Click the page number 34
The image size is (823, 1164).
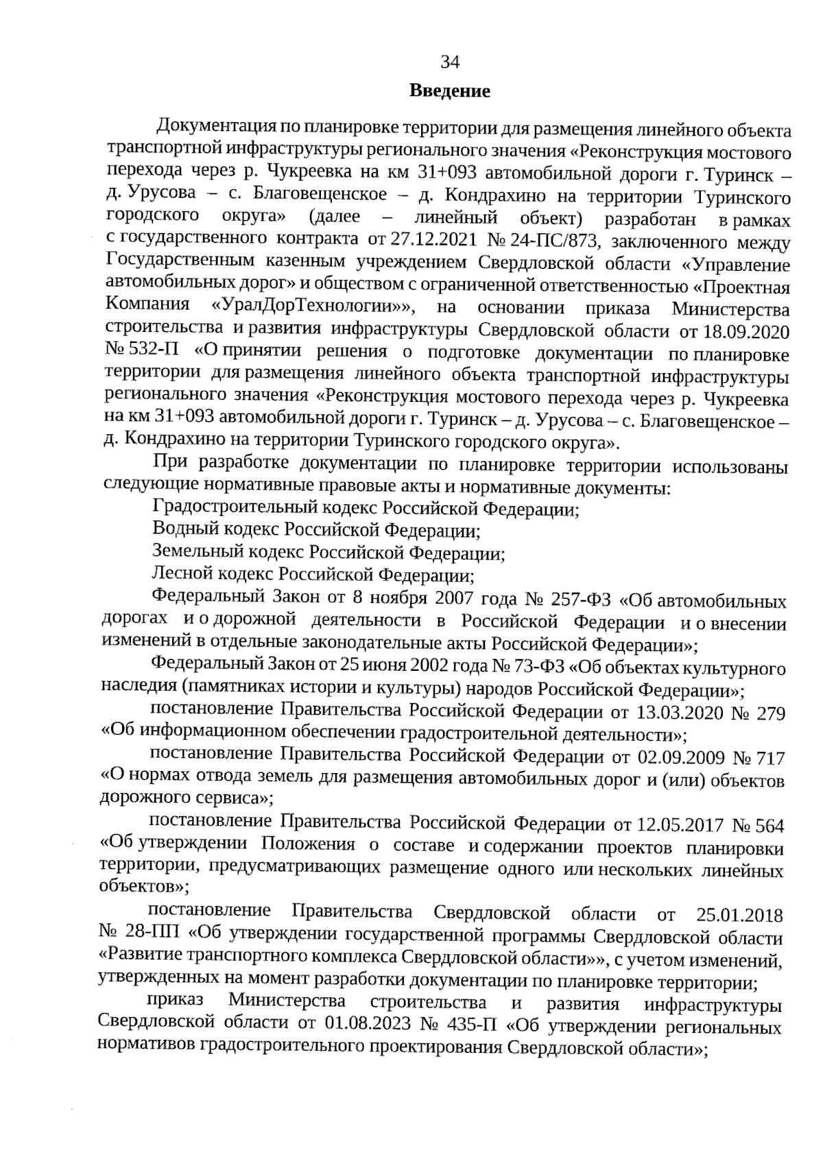[449, 62]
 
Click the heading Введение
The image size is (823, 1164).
[449, 91]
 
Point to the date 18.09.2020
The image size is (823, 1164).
[743, 331]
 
